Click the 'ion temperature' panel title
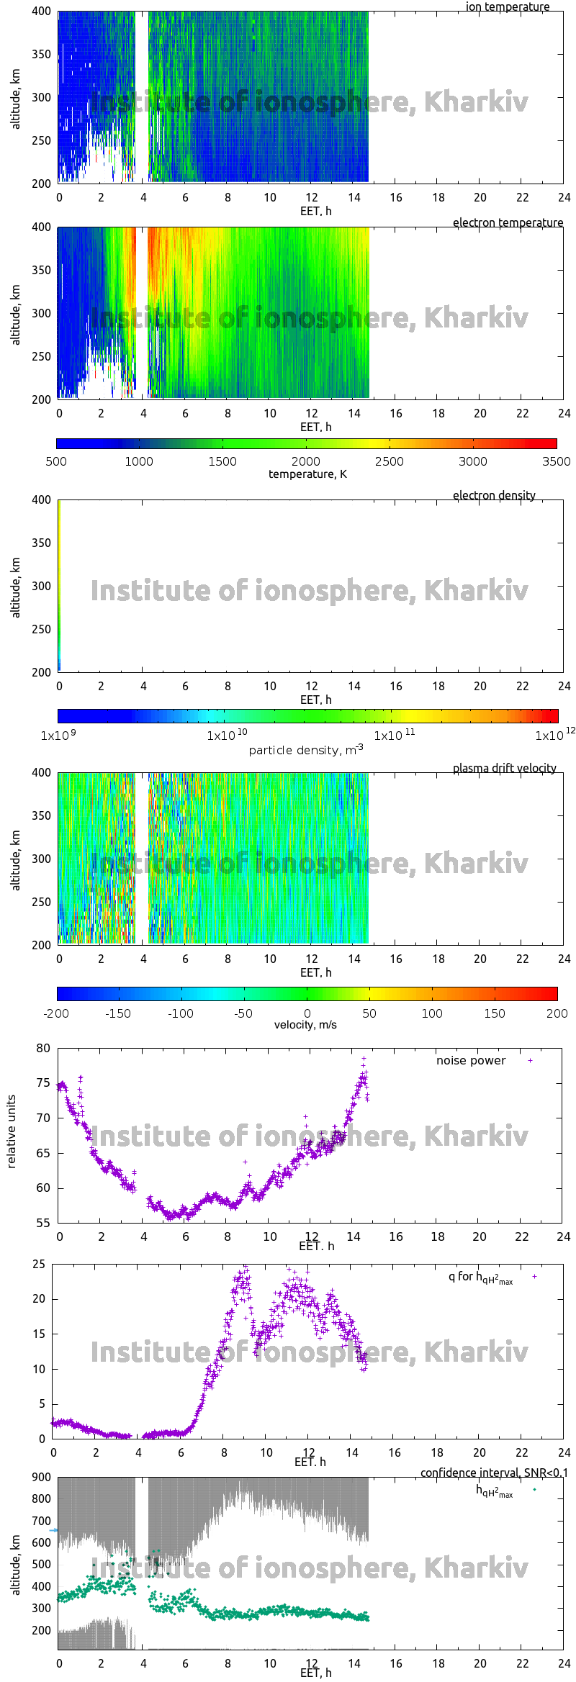507,7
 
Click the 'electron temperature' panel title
508,223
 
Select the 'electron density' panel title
494,496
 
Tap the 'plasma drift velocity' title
504,769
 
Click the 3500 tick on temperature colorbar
556,462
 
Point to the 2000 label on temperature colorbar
305,462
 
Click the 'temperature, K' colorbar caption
307,474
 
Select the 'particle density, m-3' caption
306,750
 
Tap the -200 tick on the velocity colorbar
56,1013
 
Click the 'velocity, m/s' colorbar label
305,1025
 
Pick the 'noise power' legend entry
471,1061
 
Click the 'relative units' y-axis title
12,1131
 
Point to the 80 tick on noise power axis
43,1049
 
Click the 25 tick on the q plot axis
38,1265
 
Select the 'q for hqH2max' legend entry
480,1278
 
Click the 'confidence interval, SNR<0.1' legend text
494,1473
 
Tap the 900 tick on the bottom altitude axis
42,1478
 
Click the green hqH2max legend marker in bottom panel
534,1490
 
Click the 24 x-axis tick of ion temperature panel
564,198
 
